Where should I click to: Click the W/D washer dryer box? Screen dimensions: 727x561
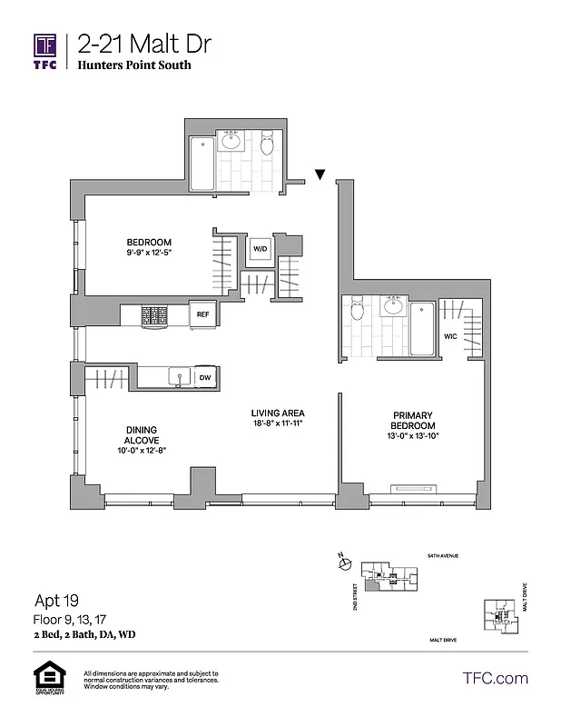click(x=261, y=247)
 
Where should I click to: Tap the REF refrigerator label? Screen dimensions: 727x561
click(x=203, y=314)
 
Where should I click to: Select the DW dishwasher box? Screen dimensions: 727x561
click(x=205, y=377)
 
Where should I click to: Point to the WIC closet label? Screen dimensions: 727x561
click(x=450, y=335)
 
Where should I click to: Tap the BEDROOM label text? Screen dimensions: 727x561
click(x=148, y=241)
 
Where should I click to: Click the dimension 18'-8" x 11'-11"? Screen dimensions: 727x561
click(x=277, y=423)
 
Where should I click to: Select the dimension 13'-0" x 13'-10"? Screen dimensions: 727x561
click(x=413, y=436)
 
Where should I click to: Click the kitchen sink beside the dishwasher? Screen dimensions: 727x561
click(x=179, y=376)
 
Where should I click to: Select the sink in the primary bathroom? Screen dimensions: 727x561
click(x=394, y=306)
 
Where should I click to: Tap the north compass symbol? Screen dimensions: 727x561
click(x=343, y=564)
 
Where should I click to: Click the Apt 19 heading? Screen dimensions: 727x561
click(x=56, y=601)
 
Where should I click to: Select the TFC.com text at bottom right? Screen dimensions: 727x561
click(x=494, y=678)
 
